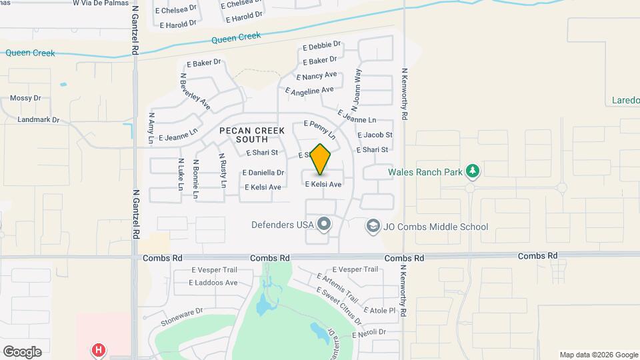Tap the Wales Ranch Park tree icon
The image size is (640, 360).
(x=473, y=171)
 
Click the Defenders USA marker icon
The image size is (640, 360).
(x=324, y=224)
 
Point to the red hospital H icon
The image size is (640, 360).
(x=99, y=349)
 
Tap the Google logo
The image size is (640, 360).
(x=22, y=351)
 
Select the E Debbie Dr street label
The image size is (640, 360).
(x=321, y=47)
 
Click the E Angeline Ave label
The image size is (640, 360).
(x=309, y=90)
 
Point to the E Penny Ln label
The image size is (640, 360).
(x=320, y=129)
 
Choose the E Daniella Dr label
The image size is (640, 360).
(x=263, y=172)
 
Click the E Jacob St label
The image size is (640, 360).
(x=375, y=135)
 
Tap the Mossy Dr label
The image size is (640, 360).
(x=25, y=98)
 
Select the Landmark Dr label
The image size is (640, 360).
(x=39, y=120)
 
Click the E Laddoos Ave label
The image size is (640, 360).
(x=213, y=283)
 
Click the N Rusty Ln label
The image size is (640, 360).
(x=223, y=171)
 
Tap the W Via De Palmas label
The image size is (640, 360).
(x=99, y=2)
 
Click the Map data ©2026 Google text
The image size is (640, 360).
(x=599, y=355)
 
